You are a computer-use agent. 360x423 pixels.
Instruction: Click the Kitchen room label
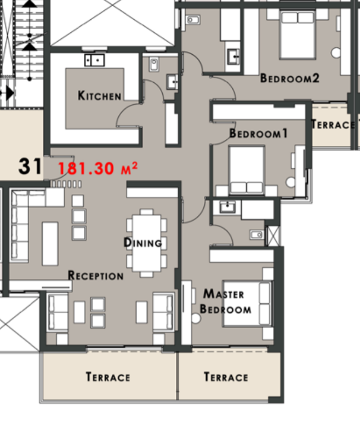coord(99,95)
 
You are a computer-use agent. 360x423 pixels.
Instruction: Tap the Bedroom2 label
coord(289,78)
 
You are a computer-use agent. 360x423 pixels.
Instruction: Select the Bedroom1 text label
coord(258,134)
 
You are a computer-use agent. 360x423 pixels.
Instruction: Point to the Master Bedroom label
coord(225,301)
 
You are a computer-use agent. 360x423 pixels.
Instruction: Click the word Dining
coord(143,243)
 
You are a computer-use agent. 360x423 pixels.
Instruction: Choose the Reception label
coord(95,276)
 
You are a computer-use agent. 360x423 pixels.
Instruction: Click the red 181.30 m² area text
coord(98,168)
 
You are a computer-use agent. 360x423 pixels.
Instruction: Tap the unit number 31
coord(30,166)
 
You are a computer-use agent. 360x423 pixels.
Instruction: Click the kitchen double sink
coord(94,60)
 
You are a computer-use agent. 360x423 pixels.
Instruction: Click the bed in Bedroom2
coord(298,35)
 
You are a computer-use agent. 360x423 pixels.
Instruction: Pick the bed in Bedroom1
coord(247,170)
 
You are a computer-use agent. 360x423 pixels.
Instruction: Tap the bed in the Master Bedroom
coord(247,304)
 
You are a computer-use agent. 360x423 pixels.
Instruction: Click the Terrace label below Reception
coord(108,377)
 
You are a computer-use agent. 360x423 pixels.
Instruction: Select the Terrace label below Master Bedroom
coord(226,377)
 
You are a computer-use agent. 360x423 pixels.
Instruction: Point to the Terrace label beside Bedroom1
coord(333,124)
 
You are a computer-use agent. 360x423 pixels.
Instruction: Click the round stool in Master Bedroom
coord(196,318)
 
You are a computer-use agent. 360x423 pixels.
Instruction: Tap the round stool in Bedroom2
coord(336,53)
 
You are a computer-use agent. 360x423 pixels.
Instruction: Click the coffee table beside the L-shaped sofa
coord(50,244)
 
